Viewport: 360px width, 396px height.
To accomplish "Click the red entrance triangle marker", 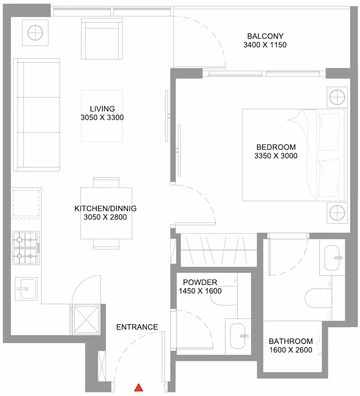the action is click(139, 387).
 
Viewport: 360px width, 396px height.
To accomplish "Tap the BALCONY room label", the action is click(265, 36).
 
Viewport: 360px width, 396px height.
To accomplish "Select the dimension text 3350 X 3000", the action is click(276, 156).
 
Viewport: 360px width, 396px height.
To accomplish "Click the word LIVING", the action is click(103, 109).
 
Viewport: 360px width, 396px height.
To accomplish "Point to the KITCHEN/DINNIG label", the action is click(106, 209).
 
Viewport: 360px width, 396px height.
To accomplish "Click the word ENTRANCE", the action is click(137, 327).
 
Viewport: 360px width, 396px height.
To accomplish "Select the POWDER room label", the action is click(200, 282).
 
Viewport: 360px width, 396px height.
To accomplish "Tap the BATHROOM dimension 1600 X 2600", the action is click(291, 350).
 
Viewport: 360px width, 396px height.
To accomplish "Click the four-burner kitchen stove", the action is click(26, 248).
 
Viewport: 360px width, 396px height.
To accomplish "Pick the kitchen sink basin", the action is click(26, 289).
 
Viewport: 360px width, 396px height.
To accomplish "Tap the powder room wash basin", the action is click(238, 336).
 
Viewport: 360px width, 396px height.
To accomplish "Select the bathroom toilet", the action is click(318, 298).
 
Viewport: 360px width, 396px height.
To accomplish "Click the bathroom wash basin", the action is click(332, 258).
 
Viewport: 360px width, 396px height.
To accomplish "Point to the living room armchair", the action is click(102, 39).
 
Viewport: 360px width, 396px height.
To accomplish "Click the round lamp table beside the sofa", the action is click(35, 33).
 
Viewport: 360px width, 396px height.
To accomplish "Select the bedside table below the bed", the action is click(337, 213).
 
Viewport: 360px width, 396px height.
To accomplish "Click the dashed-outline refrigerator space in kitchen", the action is click(26, 203).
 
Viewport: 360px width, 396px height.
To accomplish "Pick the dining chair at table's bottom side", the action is click(106, 244).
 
